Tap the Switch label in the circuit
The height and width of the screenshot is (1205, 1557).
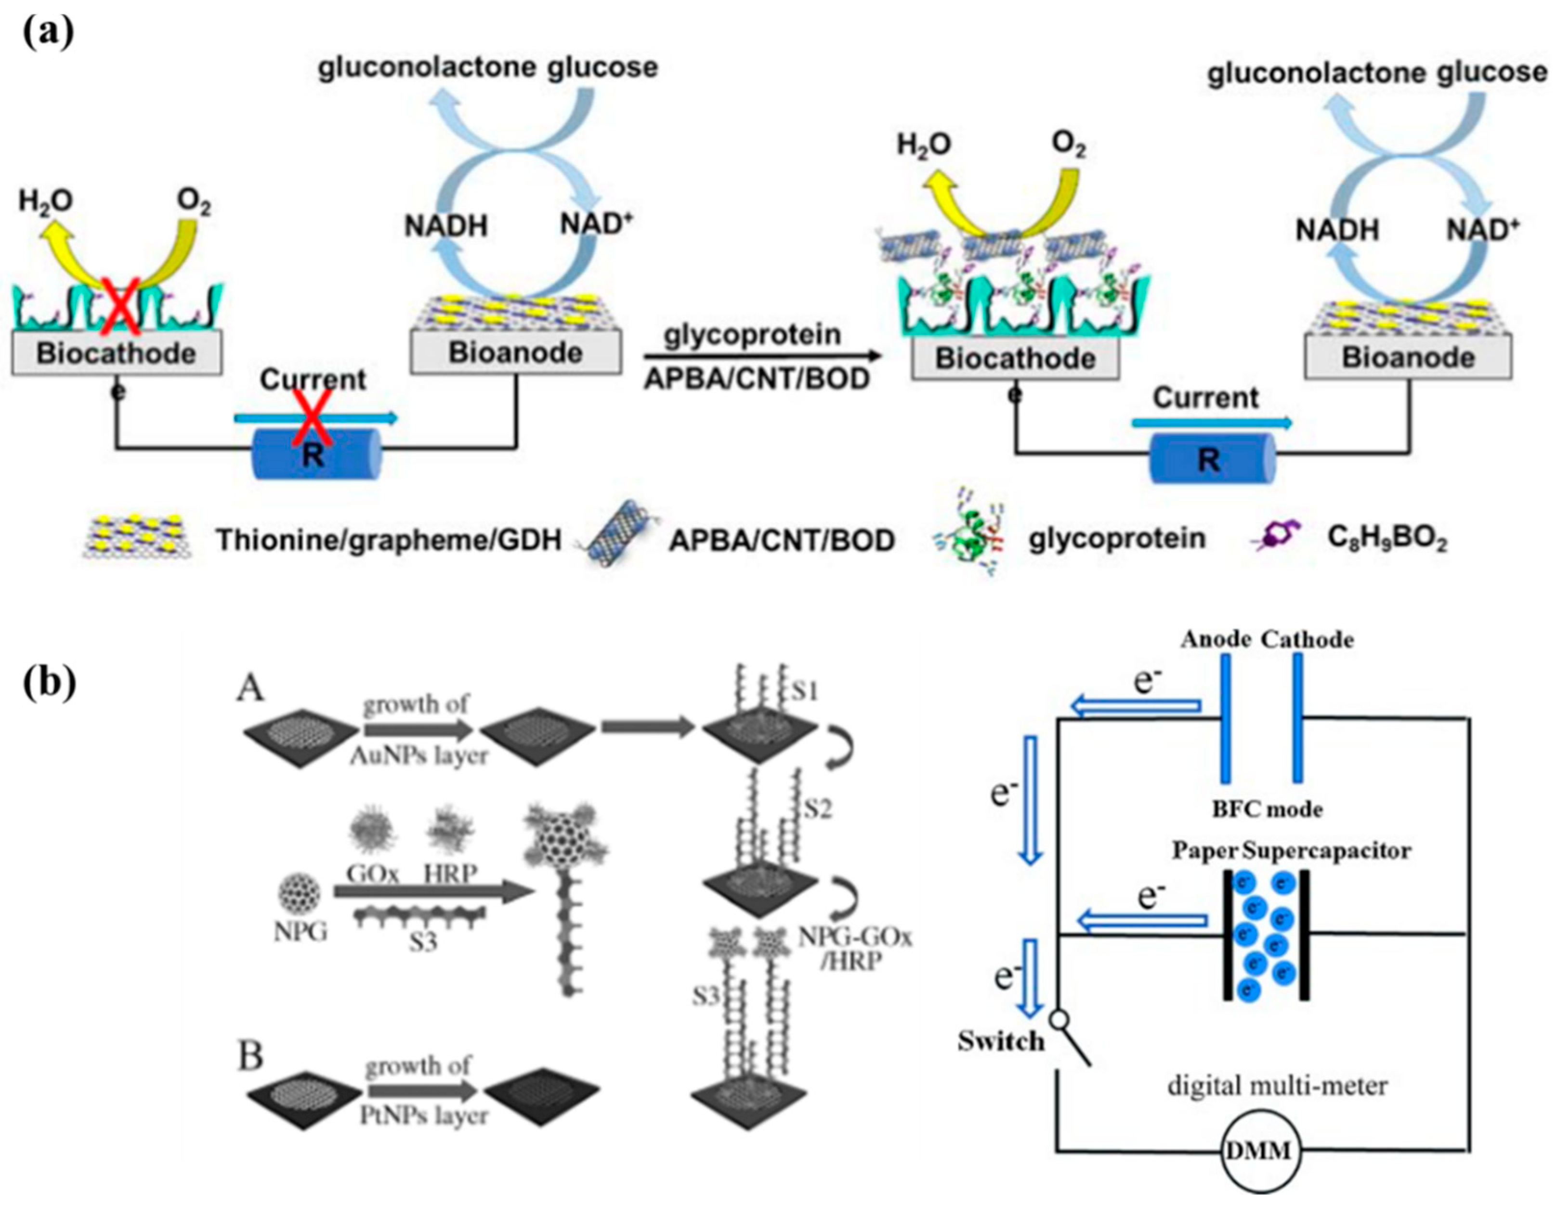pyautogui.click(x=1001, y=1041)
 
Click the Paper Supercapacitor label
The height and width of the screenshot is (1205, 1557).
pyautogui.click(x=1292, y=851)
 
